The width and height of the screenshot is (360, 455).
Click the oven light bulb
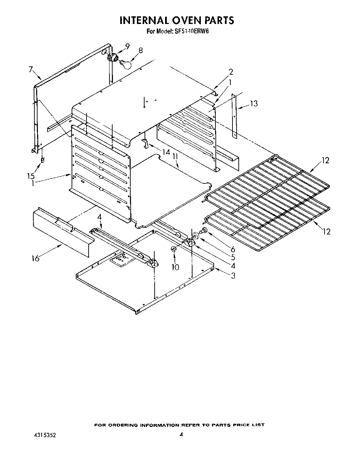(x=126, y=64)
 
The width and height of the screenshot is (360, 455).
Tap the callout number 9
(x=127, y=47)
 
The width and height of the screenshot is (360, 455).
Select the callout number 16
(x=35, y=258)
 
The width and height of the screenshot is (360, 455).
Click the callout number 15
(x=31, y=176)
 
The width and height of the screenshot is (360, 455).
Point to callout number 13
(x=254, y=104)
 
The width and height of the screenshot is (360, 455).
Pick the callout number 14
(x=166, y=152)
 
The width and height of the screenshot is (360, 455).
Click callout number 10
(x=175, y=267)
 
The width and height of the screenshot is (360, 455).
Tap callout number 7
(x=31, y=69)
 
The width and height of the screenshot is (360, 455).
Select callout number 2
(x=231, y=72)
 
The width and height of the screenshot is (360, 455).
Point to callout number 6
(x=232, y=249)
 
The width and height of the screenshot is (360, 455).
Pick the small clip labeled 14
(x=146, y=143)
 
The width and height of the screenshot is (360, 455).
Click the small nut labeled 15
(x=42, y=160)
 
